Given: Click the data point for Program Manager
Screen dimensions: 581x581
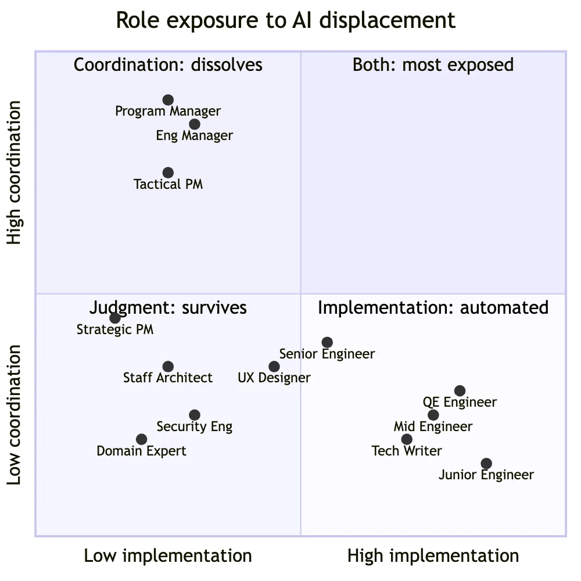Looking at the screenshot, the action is [168, 100].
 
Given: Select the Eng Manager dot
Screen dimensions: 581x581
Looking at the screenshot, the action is [195, 124].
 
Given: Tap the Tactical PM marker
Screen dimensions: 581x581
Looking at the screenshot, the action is [168, 173].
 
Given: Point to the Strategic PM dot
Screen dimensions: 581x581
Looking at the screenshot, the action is [115, 318].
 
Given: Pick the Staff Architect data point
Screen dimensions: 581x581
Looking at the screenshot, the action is [168, 367].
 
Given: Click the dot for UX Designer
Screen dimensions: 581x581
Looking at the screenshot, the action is [274, 367].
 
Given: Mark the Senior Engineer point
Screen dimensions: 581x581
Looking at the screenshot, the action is [327, 342].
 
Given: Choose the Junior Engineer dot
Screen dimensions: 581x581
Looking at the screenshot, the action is [486, 464].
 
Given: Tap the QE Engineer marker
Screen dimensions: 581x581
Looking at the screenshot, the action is [460, 390].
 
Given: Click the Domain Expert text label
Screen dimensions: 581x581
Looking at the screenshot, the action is [142, 451].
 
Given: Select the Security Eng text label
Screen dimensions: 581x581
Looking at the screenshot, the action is [195, 426].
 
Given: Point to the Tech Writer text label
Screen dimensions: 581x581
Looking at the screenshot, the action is [407, 451].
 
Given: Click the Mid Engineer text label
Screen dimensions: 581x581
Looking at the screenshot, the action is [433, 426].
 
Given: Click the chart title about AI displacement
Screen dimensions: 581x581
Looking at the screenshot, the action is [286, 20].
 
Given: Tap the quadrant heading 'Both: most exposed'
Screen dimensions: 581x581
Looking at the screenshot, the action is [433, 64].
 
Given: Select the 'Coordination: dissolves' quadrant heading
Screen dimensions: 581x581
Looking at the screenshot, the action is [168, 64].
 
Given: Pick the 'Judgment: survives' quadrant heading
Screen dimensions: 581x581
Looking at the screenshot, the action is [168, 307].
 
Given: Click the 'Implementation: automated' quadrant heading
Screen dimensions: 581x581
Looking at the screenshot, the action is [433, 307].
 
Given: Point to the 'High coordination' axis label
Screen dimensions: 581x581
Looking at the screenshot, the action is [14, 173].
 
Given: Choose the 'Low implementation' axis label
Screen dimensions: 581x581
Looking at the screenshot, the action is [168, 556].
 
